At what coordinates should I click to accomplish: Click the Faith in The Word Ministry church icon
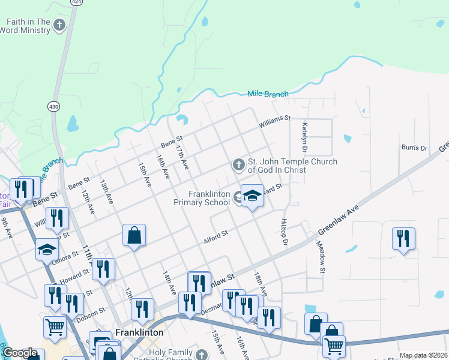(x=59, y=25)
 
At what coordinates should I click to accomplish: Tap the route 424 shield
(x=76, y=2)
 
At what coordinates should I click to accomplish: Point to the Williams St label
(x=274, y=122)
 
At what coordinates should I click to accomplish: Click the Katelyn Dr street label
(x=305, y=137)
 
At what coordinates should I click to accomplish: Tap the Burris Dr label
(x=414, y=147)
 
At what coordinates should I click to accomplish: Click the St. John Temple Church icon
(x=238, y=164)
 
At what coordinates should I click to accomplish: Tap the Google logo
(x=20, y=352)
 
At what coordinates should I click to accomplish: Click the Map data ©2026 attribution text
(x=423, y=355)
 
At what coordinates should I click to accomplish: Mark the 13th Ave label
(x=106, y=192)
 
